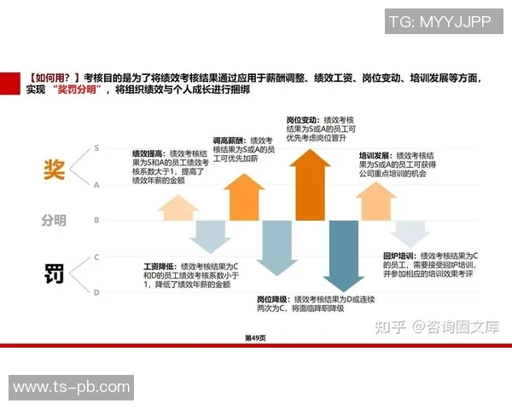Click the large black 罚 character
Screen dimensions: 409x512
point(53,274)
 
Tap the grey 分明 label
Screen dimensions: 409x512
point(53,221)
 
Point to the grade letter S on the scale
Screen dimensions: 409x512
point(97,147)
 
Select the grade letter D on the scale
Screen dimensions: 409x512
point(97,292)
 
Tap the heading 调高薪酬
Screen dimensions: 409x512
point(227,139)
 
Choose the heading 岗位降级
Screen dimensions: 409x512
point(272,299)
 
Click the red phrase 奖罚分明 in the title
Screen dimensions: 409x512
point(80,89)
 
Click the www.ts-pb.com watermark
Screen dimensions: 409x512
point(72,387)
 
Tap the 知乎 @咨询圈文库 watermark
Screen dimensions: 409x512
point(436,326)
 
